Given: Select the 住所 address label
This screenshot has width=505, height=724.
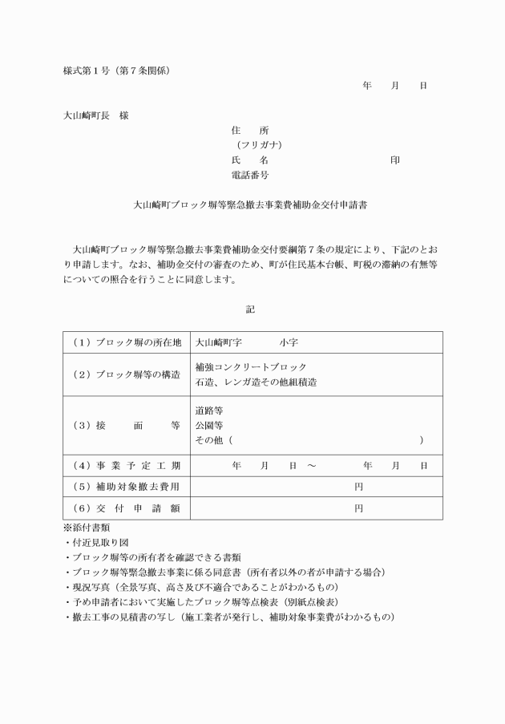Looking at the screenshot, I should coord(249,130).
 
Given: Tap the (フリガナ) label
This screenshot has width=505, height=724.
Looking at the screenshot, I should coord(258,145).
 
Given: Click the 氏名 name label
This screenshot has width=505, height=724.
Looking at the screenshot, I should coord(249,160).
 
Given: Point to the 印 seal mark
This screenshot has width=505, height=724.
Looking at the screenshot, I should coord(395,160).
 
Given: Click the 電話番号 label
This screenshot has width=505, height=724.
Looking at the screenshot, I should coord(249,175).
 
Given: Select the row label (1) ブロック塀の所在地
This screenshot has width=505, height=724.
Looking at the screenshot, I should coord(127,342).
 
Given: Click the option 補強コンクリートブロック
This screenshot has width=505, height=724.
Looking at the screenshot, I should coord(251,367).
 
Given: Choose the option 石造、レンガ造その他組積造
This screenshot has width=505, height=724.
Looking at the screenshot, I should coord(256,382).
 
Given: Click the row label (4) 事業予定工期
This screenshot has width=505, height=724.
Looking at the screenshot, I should coord(127,466).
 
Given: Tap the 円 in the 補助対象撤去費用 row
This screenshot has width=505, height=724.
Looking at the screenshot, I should coord(359,487).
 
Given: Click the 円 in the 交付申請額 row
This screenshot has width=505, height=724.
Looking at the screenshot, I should coord(359,508).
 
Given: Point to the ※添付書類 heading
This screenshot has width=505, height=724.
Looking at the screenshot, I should coord(87,528).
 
